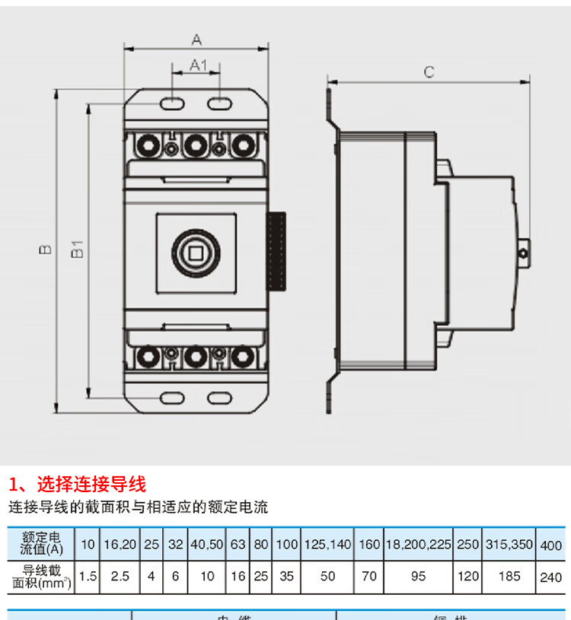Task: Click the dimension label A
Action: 196,38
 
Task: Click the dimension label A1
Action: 197,65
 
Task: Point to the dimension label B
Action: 45,249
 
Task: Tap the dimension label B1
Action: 77,249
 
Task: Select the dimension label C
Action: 429,72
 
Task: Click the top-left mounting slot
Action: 173,102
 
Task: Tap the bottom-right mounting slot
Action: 220,397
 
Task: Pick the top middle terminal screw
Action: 196,144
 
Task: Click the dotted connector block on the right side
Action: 276,251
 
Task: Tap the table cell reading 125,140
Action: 327,545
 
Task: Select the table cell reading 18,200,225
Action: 419,545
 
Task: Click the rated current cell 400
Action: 550,545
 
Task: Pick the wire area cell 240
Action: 550,577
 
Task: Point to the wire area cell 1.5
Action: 88,577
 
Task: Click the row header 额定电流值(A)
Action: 43,544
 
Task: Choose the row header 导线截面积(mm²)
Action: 43,577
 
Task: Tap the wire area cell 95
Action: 419,577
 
